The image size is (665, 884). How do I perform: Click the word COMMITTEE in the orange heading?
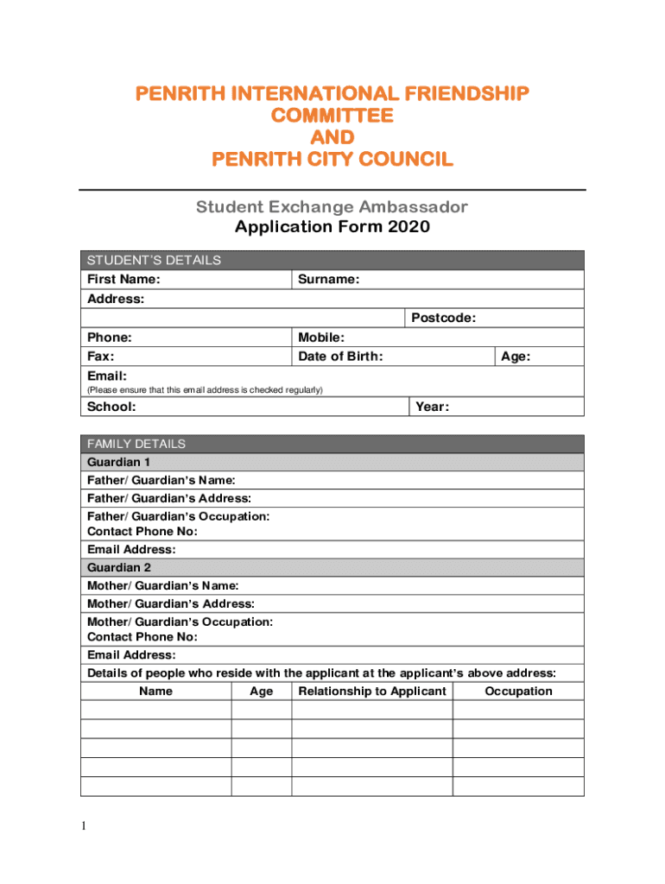pyautogui.click(x=332, y=115)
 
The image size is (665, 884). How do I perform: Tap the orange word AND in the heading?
pyautogui.click(x=332, y=137)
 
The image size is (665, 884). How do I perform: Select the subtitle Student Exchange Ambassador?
pyautogui.click(x=332, y=207)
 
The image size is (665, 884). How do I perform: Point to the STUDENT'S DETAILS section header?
pyautogui.click(x=153, y=260)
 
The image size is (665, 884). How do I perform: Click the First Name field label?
pyautogui.click(x=123, y=280)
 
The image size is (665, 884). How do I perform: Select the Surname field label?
pyautogui.click(x=328, y=280)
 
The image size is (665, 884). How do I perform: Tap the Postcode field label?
pyautogui.click(x=443, y=319)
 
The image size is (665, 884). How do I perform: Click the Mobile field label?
pyautogui.click(x=321, y=338)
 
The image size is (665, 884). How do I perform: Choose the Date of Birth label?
pyautogui.click(x=340, y=357)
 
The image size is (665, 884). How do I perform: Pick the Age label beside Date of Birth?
pyautogui.click(x=516, y=357)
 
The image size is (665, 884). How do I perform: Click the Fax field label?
pyautogui.click(x=101, y=357)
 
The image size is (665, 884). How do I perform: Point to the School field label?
pyautogui.click(x=111, y=407)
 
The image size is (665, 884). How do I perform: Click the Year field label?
pyautogui.click(x=432, y=407)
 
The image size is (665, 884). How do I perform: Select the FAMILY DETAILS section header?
pyautogui.click(x=136, y=444)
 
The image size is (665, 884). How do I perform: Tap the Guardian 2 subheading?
pyautogui.click(x=119, y=567)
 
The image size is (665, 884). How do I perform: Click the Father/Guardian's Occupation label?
pyautogui.click(x=178, y=516)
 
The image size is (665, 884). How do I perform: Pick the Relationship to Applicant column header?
pyautogui.click(x=372, y=691)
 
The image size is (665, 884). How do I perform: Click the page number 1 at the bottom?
pyautogui.click(x=84, y=827)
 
